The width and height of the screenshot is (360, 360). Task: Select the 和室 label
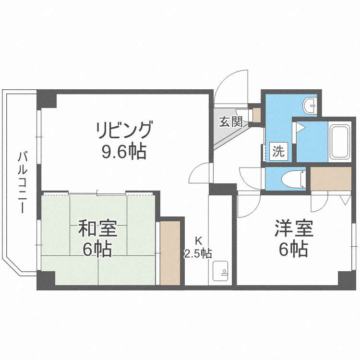[98, 229]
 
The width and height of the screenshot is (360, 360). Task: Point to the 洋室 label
[294, 229]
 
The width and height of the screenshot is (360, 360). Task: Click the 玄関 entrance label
[230, 122]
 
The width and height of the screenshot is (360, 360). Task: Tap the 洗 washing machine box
[278, 152]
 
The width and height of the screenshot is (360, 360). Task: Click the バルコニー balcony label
[22, 182]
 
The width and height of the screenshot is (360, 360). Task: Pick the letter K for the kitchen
[198, 241]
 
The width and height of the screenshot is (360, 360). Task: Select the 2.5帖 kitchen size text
[198, 253]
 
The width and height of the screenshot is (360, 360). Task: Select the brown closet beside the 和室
[170, 252]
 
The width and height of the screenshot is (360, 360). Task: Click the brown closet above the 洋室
[331, 178]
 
